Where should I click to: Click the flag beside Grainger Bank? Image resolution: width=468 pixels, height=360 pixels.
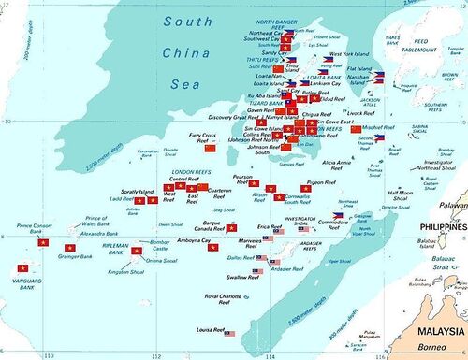pos(69,247)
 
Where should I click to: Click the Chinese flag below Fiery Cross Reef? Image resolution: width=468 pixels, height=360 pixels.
pos(211,148)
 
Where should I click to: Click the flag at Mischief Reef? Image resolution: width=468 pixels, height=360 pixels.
pos(356,129)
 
